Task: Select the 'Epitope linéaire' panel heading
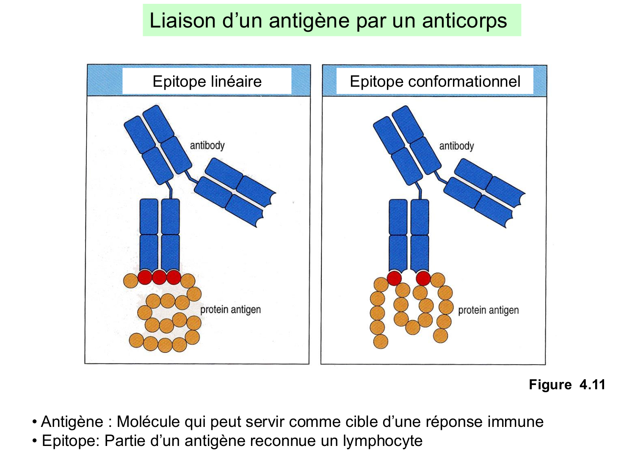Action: pos(207,81)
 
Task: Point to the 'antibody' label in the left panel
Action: pos(207,146)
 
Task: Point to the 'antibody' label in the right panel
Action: pos(456,146)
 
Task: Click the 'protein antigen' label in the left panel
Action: pos(230,310)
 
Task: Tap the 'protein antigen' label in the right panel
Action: pos(488,310)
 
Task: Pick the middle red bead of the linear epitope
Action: pos(159,278)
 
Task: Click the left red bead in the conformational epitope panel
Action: pos(394,278)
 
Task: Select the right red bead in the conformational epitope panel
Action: pos(423,278)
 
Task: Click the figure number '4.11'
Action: pos(592,385)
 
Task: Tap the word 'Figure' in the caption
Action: pos(550,385)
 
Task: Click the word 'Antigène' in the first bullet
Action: pos(72,422)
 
